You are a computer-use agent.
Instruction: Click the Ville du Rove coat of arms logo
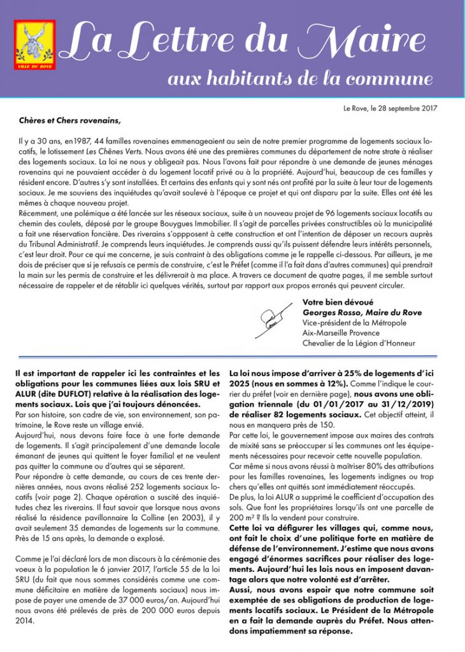(x=35, y=46)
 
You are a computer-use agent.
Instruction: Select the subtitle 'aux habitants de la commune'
(x=299, y=80)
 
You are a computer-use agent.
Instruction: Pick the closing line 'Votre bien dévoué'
(x=338, y=302)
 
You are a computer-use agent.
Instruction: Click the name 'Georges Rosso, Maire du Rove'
(x=362, y=312)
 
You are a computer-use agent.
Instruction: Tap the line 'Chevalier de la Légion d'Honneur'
(x=359, y=344)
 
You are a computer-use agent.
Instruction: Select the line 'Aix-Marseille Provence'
(x=341, y=333)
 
